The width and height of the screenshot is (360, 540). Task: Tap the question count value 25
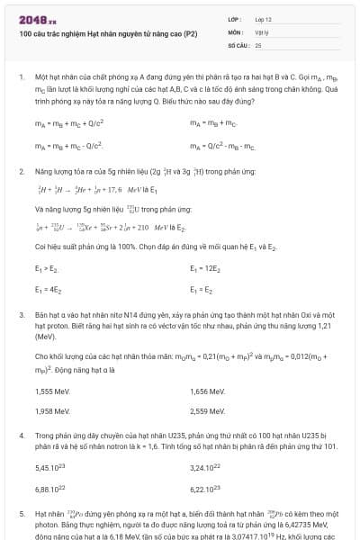[259, 43]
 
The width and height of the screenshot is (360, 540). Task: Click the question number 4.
[21, 436]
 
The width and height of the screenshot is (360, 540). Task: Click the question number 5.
[21, 513]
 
